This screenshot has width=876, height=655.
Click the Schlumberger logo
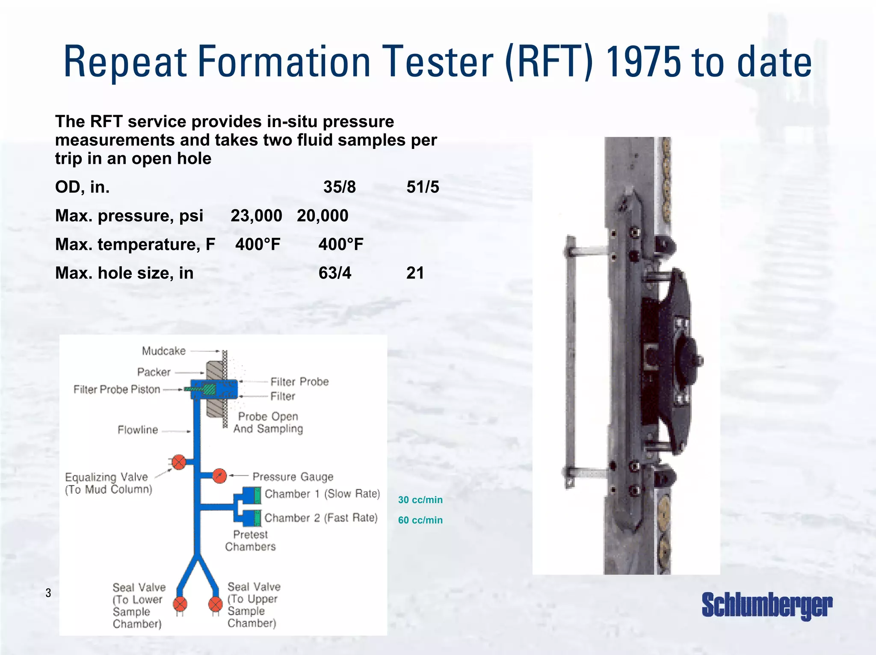(766, 605)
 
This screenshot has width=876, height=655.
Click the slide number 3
(48, 593)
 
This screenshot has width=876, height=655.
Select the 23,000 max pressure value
(256, 216)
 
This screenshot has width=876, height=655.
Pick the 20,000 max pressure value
(323, 216)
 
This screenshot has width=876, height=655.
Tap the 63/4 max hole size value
(335, 273)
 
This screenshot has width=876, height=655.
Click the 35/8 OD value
(339, 187)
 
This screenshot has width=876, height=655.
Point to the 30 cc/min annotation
(420, 500)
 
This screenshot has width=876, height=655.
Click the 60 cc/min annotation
(420, 520)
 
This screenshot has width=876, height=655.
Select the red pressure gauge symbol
(219, 476)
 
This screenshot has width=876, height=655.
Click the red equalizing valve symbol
(179, 462)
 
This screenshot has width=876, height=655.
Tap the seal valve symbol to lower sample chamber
(180, 604)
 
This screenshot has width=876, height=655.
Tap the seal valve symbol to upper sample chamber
(216, 604)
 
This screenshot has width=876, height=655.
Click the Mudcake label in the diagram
(164, 351)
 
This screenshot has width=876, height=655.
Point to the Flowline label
(138, 430)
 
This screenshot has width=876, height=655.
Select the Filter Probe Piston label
(117, 389)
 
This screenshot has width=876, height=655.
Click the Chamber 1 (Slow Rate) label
(322, 494)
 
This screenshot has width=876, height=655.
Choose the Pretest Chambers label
(250, 540)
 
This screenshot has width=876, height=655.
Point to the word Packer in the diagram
(154, 372)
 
